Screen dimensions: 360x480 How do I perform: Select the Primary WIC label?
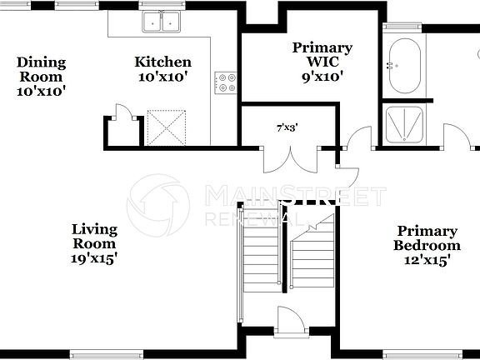[322, 55]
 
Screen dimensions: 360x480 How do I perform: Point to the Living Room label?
[94, 236]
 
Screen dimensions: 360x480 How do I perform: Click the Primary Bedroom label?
[427, 238]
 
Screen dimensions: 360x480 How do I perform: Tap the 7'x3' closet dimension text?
[287, 127]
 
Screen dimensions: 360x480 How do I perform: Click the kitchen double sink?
[160, 22]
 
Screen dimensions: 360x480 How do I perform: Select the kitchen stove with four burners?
[226, 82]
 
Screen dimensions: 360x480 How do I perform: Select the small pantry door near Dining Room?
[122, 115]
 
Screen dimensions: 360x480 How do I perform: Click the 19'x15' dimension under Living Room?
[94, 258]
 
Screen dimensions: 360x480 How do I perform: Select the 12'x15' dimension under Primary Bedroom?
[427, 261]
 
